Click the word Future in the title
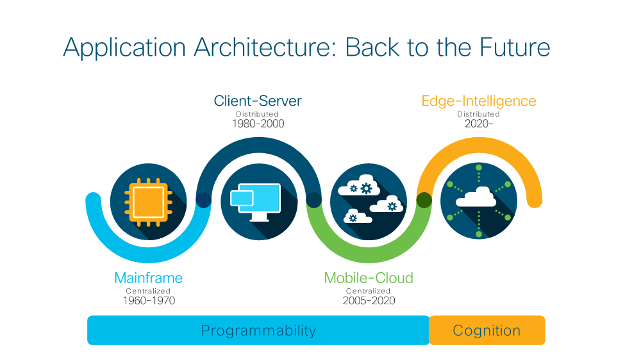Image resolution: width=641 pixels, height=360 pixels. (515, 47)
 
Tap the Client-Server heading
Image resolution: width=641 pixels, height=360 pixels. (258, 101)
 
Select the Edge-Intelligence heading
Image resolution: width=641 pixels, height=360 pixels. (479, 101)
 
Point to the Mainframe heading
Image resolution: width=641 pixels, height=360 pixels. (149, 278)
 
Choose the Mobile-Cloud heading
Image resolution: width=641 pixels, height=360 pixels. (369, 278)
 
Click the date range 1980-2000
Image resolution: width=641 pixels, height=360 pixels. (258, 124)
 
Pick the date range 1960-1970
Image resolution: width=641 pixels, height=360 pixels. (149, 301)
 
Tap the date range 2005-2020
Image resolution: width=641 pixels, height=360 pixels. (369, 301)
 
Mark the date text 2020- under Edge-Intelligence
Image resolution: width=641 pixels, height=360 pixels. (479, 124)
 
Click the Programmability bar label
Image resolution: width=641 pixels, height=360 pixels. (258, 330)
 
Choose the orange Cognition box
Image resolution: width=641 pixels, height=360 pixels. (487, 330)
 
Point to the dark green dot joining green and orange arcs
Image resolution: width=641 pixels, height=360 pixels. (424, 200)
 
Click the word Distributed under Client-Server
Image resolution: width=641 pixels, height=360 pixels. (257, 114)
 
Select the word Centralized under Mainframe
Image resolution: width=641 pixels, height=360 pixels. (148, 291)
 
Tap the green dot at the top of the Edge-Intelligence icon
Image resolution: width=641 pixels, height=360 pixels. (479, 168)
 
